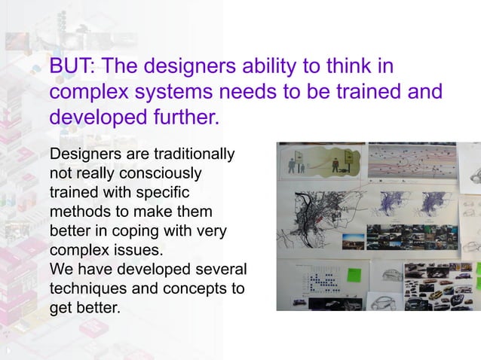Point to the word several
point(222,269)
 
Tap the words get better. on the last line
point(84,307)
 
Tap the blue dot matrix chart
point(324,282)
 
